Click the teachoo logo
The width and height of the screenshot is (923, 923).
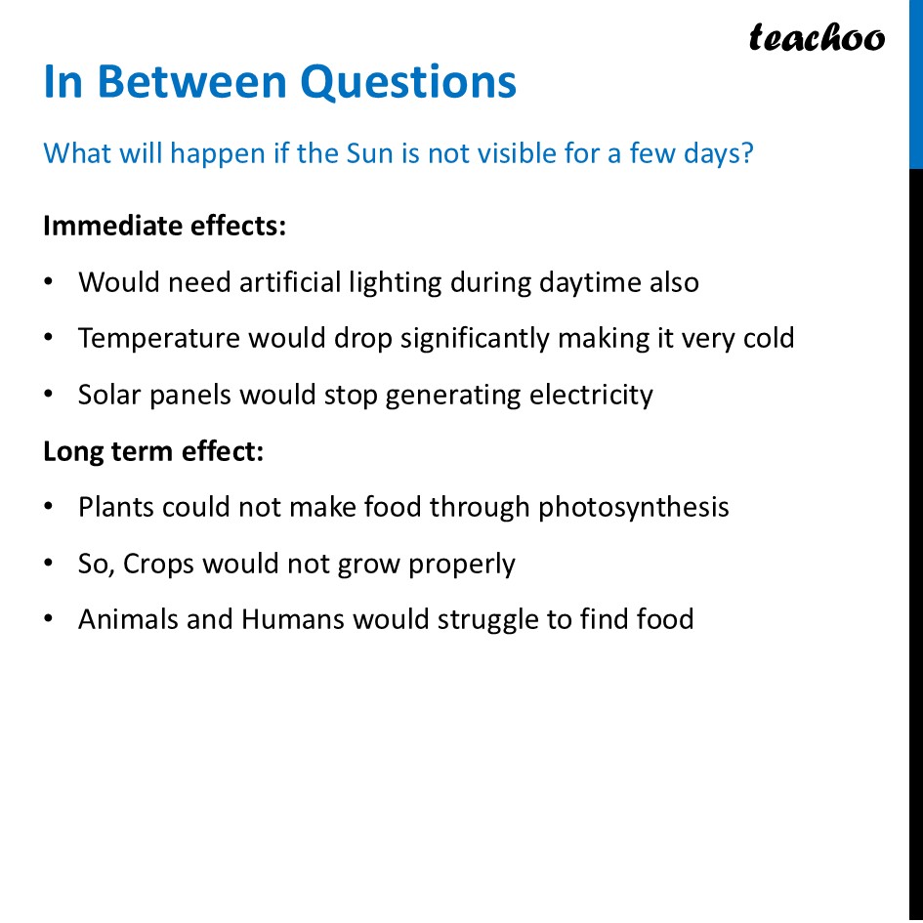pos(817,38)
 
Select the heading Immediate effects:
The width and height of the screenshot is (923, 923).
pos(165,226)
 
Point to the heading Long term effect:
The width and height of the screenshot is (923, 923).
pos(153,451)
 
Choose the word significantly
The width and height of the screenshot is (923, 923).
pos(475,339)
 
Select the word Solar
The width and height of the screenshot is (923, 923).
pos(110,395)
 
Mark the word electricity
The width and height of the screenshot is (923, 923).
pos(591,396)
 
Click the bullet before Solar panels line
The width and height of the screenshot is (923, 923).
pos(49,395)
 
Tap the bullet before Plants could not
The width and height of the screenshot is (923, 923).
pos(49,508)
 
